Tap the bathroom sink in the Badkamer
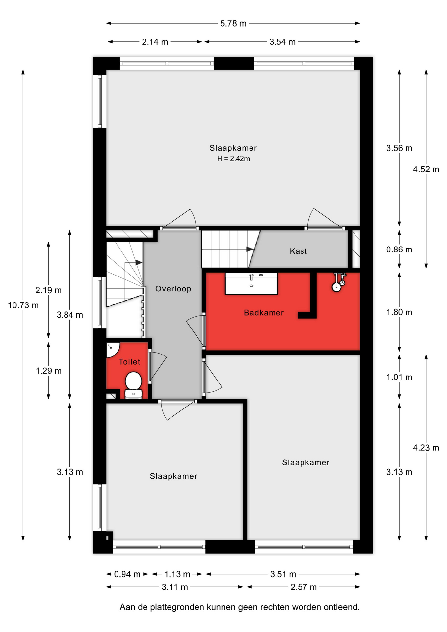[251, 283]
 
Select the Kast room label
[298, 251]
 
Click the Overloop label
[173, 289]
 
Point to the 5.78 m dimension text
[233, 23]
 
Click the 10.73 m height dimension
[23, 305]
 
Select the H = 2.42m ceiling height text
[233, 159]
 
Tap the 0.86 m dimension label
[399, 250]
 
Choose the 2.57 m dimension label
[303, 587]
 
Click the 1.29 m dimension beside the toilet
[49, 371]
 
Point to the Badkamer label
[264, 313]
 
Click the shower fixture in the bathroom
[338, 282]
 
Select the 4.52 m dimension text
[426, 169]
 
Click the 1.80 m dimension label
[399, 312]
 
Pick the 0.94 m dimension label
[127, 574]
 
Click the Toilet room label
[129, 362]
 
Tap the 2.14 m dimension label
[155, 42]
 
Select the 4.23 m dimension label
[426, 448]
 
